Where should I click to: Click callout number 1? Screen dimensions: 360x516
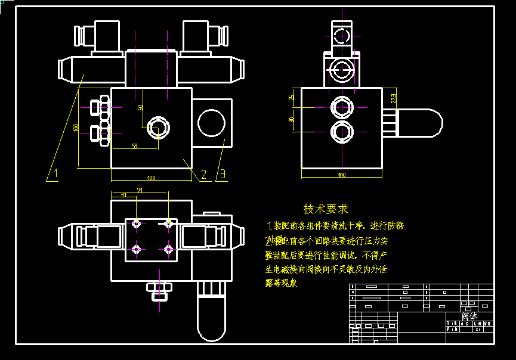pyautogui.click(x=55, y=174)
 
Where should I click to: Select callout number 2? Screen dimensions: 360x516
pyautogui.click(x=204, y=174)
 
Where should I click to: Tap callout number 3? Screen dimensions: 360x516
pyautogui.click(x=223, y=174)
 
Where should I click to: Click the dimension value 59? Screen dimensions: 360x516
pyautogui.click(x=134, y=145)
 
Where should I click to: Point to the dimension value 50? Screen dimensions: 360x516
pyautogui.click(x=140, y=108)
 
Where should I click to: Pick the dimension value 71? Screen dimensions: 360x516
pyautogui.click(x=140, y=190)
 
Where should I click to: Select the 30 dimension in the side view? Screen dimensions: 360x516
pyautogui.click(x=291, y=120)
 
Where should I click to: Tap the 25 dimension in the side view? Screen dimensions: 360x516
pyautogui.click(x=291, y=97)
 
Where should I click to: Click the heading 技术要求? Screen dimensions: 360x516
pyautogui.click(x=326, y=209)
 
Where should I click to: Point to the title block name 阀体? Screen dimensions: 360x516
pyautogui.click(x=469, y=316)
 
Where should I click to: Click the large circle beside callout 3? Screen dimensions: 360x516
pyautogui.click(x=212, y=122)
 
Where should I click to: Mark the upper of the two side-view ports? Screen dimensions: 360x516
pyautogui.click(x=342, y=107)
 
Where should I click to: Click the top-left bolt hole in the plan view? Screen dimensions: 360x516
pyautogui.click(x=137, y=224)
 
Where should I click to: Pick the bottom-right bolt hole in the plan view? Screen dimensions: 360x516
pyautogui.click(x=169, y=249)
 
